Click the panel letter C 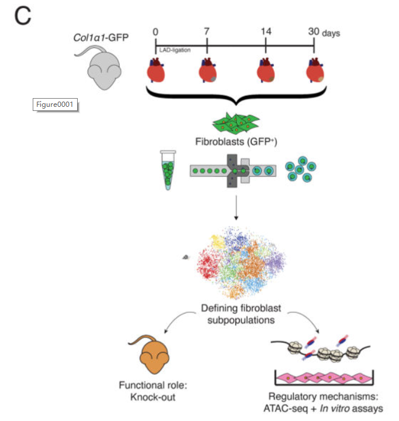[x=22, y=16]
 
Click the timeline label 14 [x=266, y=30]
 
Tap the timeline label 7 [x=207, y=30]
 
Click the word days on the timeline [x=331, y=33]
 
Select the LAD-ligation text [x=175, y=50]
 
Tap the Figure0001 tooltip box [x=55, y=105]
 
